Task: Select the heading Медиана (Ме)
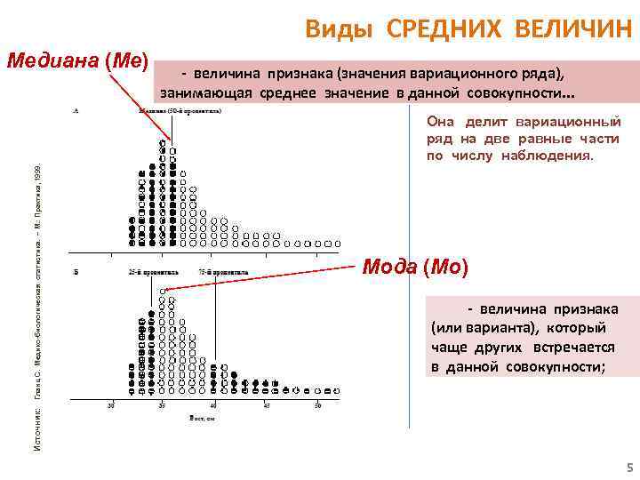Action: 76,60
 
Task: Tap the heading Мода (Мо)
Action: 413,267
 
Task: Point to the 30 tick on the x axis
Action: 110,406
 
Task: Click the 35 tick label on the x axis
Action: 162,406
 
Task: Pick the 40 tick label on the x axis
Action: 213,406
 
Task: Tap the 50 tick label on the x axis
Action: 317,406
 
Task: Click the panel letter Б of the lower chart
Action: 76,270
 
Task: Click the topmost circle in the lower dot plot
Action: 163,291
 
